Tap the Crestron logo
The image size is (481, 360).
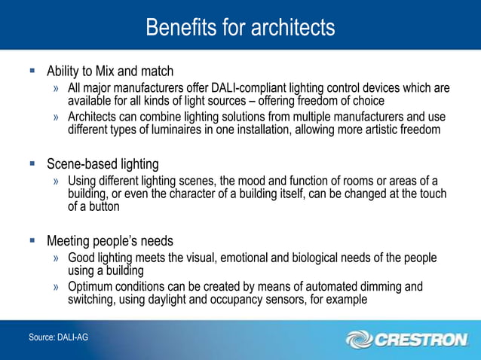(x=407, y=340)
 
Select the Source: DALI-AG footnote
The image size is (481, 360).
(x=58, y=337)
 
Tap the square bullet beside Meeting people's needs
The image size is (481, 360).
(x=32, y=241)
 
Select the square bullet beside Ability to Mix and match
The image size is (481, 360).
(x=32, y=72)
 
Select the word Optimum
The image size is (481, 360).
(x=92, y=287)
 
